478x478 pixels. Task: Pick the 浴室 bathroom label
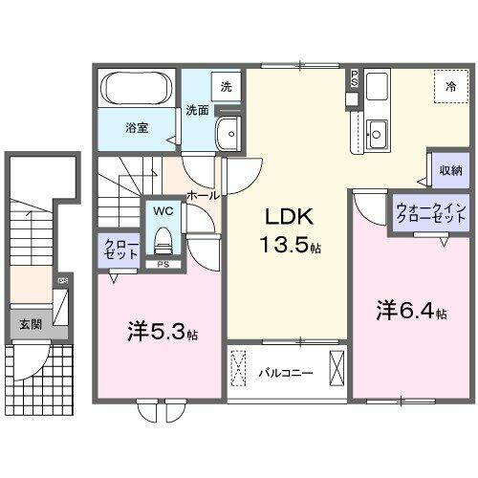click(134, 125)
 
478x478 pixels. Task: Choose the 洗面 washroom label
click(198, 109)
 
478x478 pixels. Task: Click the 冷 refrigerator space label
click(451, 86)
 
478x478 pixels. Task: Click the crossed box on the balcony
click(337, 367)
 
